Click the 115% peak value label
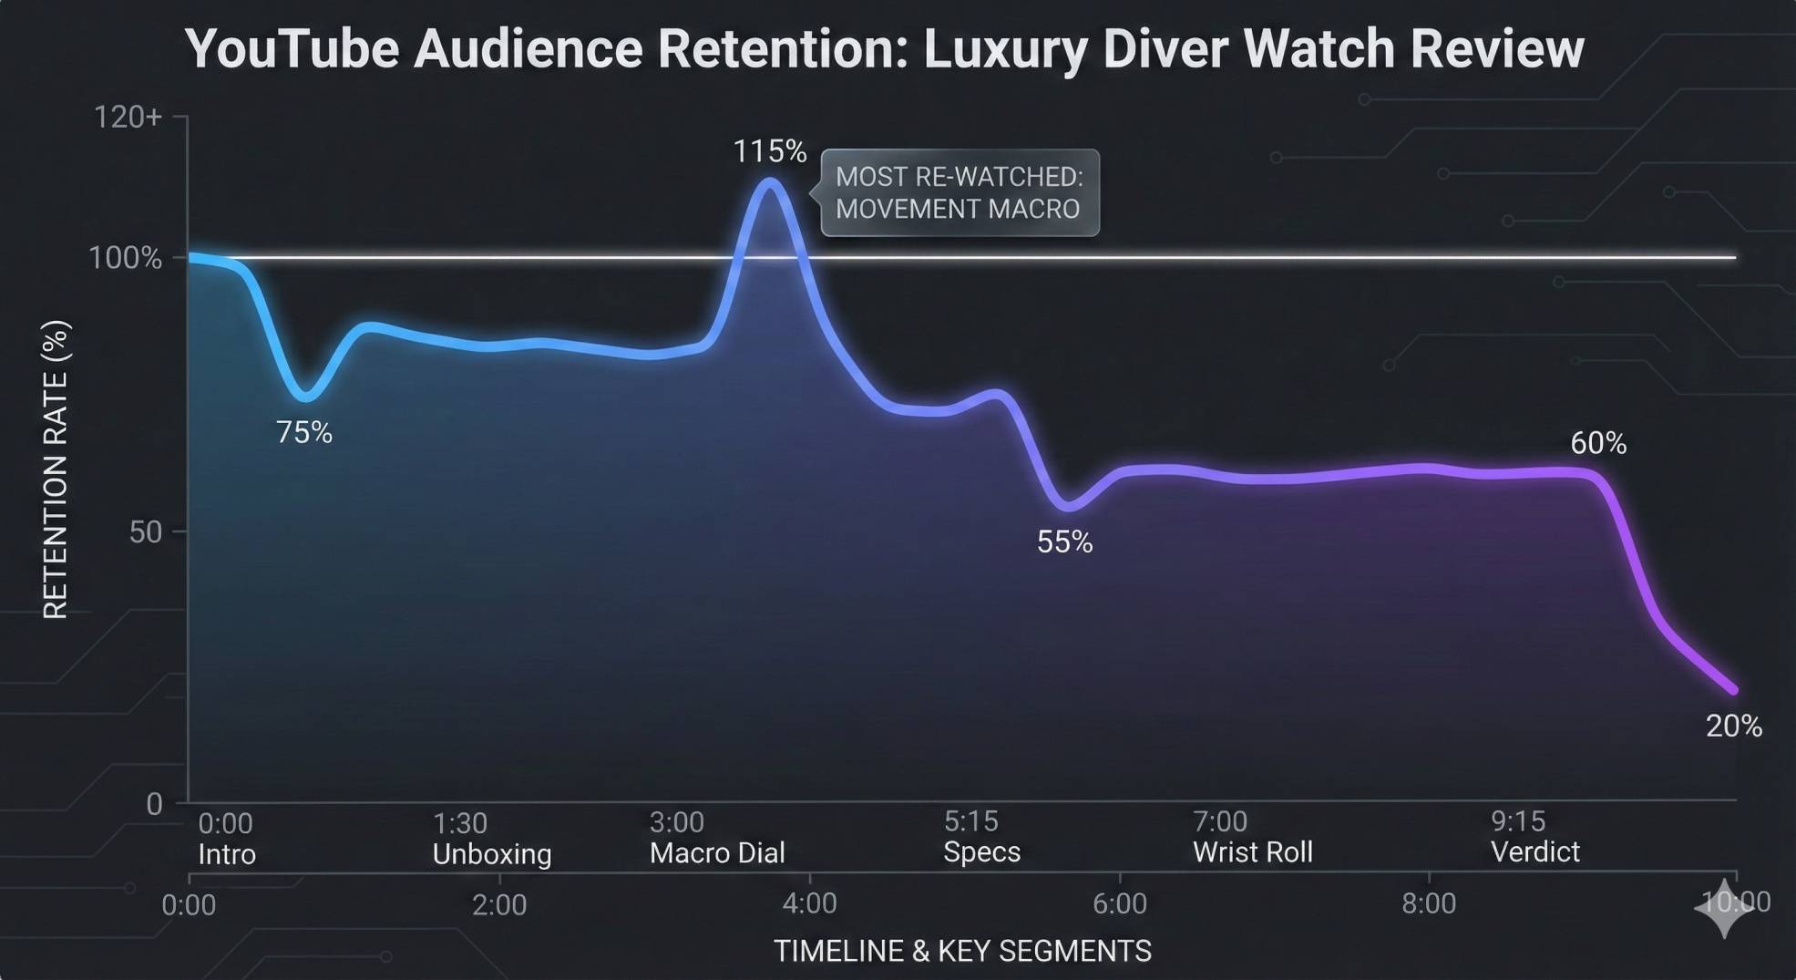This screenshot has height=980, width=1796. [x=769, y=151]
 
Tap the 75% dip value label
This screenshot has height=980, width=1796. [x=303, y=432]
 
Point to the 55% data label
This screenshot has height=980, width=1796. [x=1063, y=542]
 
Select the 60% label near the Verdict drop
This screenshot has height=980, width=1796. [x=1597, y=443]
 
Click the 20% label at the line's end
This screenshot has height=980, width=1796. [x=1733, y=726]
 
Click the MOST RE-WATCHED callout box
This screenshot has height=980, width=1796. [x=960, y=193]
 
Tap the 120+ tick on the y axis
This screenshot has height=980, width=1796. [x=128, y=117]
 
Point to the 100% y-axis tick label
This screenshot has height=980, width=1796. [x=125, y=258]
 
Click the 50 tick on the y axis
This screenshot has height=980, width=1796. [x=145, y=531]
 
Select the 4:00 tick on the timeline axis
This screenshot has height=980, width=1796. [x=809, y=903]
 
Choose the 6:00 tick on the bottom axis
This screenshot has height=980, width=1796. [x=1119, y=903]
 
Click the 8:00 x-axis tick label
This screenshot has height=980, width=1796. [x=1428, y=903]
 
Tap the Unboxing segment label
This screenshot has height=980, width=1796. [x=491, y=854]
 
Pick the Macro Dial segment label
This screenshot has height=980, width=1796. [x=716, y=853]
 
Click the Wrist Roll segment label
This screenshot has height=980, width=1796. [x=1252, y=852]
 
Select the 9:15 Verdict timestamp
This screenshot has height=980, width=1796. [x=1517, y=821]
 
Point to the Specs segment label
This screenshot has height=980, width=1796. [x=981, y=852]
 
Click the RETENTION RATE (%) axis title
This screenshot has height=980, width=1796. [x=56, y=469]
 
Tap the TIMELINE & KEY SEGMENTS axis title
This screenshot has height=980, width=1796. [x=962, y=951]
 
